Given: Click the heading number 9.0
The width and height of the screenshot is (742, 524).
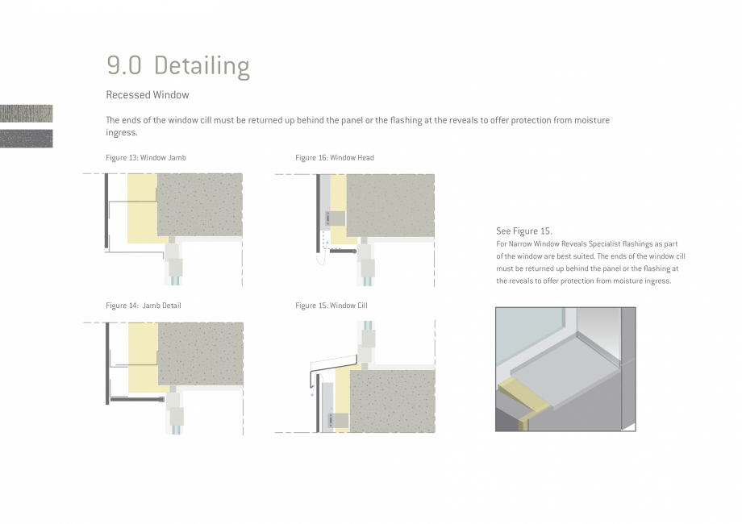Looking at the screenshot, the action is tap(124, 66).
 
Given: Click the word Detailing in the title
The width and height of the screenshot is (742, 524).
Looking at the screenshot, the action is tap(202, 67).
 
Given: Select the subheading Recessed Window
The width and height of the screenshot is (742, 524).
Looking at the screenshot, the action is tap(148, 95).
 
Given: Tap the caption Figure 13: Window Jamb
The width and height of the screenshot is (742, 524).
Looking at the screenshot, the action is tap(146, 158).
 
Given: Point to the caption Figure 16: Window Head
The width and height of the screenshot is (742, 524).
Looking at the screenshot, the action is tap(335, 158).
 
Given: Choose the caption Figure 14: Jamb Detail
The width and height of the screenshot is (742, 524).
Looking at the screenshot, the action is tap(144, 306).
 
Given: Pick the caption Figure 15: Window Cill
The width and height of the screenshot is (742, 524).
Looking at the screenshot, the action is tap(331, 306).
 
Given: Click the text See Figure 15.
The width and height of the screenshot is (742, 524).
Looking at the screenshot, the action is tap(524, 231).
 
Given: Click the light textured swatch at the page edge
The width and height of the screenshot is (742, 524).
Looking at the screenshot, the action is tap(26, 114).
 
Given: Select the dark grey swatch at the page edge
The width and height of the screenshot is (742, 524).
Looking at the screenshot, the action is tap(26, 139).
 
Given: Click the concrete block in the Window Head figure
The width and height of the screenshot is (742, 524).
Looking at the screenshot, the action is tap(390, 206).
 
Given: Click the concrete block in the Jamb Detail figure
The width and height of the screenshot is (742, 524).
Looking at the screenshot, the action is tap(200, 354).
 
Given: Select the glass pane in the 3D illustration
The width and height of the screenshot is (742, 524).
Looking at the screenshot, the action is tap(529, 335).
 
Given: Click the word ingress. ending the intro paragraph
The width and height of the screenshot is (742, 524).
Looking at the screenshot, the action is tap(122, 133).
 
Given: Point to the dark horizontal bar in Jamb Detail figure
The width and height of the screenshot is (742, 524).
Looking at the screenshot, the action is tap(136, 400).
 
